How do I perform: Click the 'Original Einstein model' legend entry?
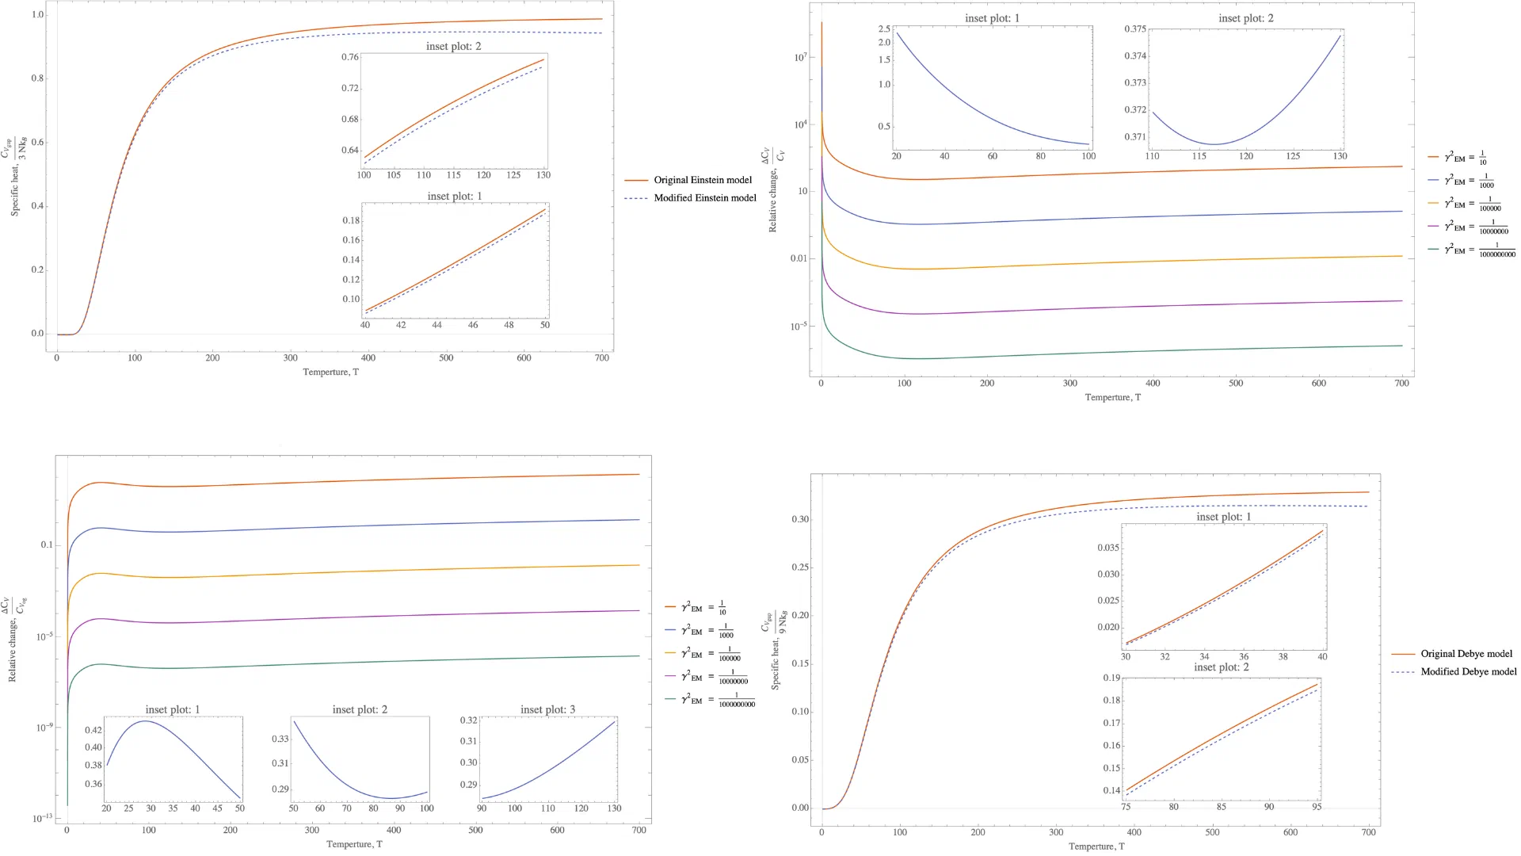[702, 180]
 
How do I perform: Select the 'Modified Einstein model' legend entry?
[704, 198]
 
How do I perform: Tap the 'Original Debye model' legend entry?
[1466, 654]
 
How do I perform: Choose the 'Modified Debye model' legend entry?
[1468, 671]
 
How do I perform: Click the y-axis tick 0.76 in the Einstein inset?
[350, 57]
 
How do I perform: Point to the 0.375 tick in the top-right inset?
[1135, 29]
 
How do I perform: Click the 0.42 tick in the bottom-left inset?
[93, 730]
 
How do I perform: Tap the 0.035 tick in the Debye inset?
[1108, 548]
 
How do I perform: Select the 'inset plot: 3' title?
[547, 709]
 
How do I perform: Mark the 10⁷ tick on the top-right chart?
[801, 57]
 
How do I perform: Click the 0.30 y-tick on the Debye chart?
[800, 519]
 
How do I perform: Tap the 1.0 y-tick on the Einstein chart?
[38, 15]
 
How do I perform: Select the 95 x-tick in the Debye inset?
[1317, 807]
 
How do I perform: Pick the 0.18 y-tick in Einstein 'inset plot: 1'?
[351, 220]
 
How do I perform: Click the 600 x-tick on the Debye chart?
[1290, 832]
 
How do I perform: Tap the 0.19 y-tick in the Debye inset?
[1111, 678]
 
